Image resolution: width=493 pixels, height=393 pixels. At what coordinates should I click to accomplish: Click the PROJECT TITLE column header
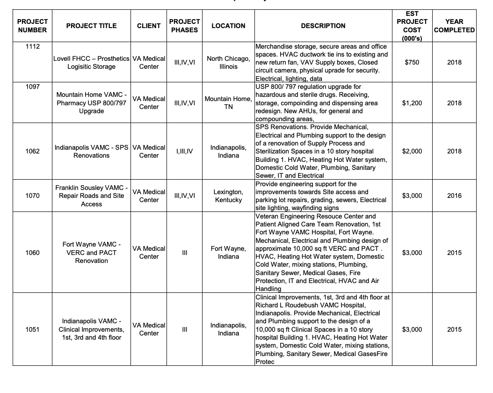92,26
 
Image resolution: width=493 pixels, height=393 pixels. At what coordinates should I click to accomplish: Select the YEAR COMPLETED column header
454,26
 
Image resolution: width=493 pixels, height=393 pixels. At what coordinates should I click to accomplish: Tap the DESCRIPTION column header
323,26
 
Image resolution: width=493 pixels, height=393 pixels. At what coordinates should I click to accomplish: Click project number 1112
32,47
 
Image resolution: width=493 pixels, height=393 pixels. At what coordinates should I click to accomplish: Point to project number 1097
32,87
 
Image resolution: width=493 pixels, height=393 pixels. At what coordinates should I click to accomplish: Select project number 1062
32,151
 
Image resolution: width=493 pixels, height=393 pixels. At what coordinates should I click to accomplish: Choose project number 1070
32,196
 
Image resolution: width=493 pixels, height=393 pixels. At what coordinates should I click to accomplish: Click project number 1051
32,329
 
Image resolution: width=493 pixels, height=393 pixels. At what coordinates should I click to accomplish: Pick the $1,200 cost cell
412,103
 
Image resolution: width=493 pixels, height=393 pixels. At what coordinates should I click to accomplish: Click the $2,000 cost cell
412,151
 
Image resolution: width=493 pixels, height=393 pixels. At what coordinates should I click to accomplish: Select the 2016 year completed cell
454,196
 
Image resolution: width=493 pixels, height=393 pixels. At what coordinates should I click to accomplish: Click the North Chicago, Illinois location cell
228,62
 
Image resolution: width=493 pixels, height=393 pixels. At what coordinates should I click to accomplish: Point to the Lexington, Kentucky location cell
228,196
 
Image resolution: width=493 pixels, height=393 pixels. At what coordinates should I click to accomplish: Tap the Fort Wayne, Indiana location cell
228,253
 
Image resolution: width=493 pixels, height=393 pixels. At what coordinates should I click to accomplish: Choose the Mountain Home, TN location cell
228,103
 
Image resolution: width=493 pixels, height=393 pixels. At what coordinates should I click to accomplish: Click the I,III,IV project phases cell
184,151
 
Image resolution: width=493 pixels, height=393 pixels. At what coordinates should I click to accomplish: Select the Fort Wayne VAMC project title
92,253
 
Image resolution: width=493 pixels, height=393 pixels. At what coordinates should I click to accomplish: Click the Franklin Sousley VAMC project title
92,196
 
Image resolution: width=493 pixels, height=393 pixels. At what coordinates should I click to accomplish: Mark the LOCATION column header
228,26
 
